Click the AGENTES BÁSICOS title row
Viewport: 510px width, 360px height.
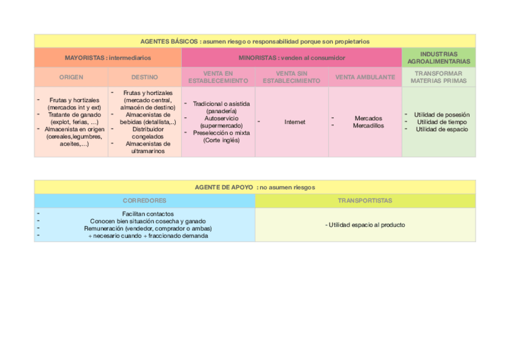click(254, 41)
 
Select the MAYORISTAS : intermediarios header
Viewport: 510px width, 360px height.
click(108, 58)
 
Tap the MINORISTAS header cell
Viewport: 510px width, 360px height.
click(291, 58)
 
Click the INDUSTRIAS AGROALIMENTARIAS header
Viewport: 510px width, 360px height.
click(438, 58)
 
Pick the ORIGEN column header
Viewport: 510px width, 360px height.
click(71, 77)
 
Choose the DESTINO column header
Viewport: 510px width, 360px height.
click(144, 77)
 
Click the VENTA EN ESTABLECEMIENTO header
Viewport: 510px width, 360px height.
click(218, 77)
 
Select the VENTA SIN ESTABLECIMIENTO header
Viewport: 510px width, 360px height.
click(292, 77)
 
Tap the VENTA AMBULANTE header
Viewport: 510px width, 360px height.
click(365, 77)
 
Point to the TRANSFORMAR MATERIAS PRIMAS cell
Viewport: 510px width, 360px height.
click(438, 77)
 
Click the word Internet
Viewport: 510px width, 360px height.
click(295, 122)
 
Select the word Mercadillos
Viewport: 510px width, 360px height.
click(368, 126)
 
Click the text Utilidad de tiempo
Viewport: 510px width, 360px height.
click(441, 122)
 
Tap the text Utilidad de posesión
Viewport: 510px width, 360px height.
click(441, 115)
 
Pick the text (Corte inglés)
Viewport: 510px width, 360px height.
click(221, 140)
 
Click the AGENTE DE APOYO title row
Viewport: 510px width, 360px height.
click(254, 188)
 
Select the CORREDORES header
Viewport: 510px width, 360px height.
click(144, 201)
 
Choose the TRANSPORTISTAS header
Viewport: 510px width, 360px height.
click(364, 201)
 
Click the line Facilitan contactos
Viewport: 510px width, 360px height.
click(148, 213)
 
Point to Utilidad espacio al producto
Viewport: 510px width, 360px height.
click(365, 225)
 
